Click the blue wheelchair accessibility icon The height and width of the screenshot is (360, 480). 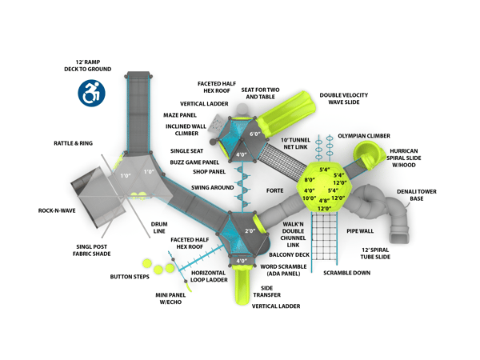tap(90, 93)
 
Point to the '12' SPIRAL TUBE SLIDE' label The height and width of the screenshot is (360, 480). tap(374, 254)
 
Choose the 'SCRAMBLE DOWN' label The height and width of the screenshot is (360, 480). tap(346, 273)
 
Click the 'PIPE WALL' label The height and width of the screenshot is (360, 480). tap(360, 231)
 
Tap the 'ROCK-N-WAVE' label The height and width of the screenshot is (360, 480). tap(55, 211)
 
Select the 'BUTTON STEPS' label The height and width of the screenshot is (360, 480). tap(129, 277)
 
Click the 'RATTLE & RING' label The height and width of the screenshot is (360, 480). tap(73, 143)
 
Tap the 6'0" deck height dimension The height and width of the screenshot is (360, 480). tap(255, 134)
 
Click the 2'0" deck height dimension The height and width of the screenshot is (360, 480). tap(250, 231)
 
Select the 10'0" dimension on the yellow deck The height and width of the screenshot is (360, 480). tap(308, 198)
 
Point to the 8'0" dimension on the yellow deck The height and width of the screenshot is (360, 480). tap(309, 180)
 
